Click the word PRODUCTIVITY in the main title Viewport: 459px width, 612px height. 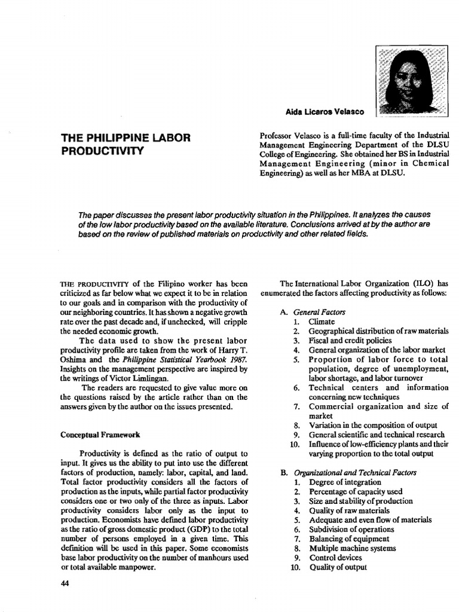(102, 150)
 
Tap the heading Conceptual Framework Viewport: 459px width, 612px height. (100, 434)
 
